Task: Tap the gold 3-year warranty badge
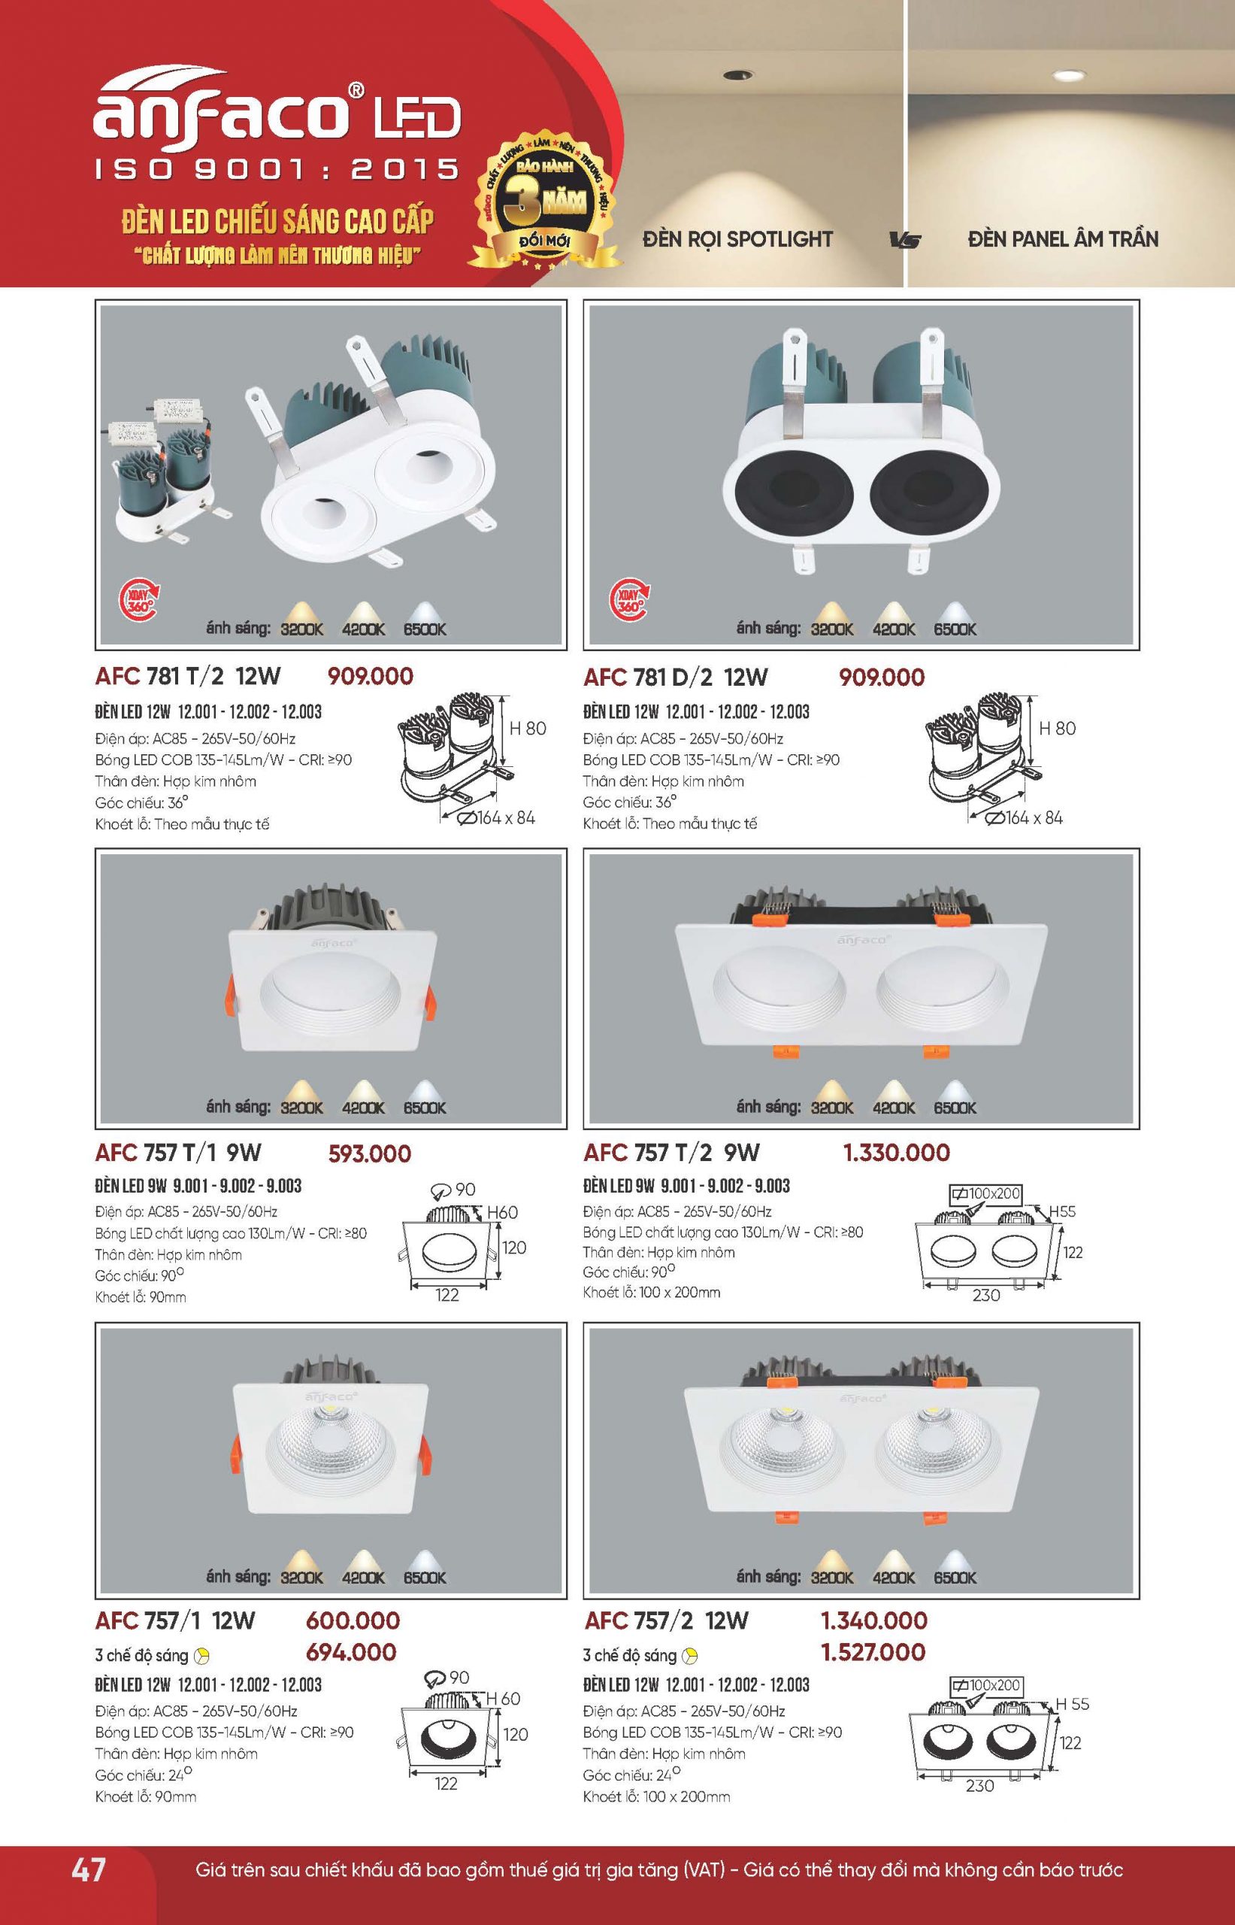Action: click(x=545, y=201)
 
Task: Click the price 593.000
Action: click(x=370, y=1153)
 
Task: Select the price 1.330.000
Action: click(x=896, y=1153)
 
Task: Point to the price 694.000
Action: click(x=351, y=1652)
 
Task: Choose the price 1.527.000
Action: click(x=873, y=1652)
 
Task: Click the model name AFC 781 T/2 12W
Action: click(x=188, y=676)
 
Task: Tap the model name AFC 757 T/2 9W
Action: click(x=672, y=1153)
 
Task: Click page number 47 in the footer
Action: click(x=88, y=1869)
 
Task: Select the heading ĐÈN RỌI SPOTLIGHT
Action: click(x=738, y=239)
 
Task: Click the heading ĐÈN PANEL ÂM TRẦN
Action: click(x=1063, y=239)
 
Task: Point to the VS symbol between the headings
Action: click(x=906, y=240)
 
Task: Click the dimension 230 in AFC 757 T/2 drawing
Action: click(x=985, y=1294)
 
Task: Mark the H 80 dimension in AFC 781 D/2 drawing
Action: click(x=1057, y=729)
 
